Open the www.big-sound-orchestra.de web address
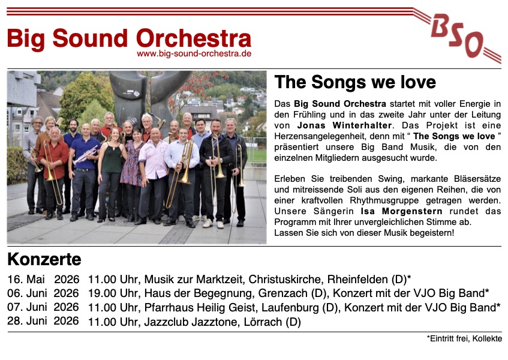point(194,53)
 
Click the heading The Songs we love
point(355,82)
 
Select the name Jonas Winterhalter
point(344,125)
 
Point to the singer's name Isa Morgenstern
point(401,211)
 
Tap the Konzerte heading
point(44,259)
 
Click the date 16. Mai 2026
point(43,279)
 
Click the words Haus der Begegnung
point(199,293)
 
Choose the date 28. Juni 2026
point(43,321)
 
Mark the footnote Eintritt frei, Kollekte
point(466,338)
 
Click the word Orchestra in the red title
point(194,38)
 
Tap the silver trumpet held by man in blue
point(85,155)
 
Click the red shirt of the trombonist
point(55,155)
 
